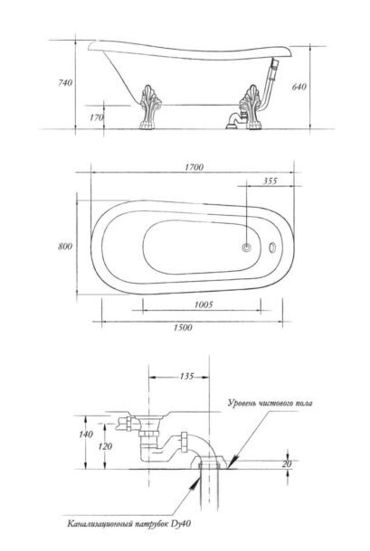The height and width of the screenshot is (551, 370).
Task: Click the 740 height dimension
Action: point(65,82)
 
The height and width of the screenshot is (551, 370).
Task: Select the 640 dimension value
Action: point(299,86)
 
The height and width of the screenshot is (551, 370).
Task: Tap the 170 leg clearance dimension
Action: point(96,117)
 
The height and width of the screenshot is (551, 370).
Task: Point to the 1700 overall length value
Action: point(194,167)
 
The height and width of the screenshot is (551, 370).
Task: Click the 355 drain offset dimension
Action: point(270,181)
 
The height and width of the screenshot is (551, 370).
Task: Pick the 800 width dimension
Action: point(65,246)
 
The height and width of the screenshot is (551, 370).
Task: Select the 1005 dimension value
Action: point(203,304)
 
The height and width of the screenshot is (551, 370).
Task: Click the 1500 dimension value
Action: point(183,328)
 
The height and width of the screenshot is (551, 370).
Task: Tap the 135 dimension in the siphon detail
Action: point(186,376)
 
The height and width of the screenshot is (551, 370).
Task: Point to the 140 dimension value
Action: point(86,434)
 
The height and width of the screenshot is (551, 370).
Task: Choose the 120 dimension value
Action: point(105,446)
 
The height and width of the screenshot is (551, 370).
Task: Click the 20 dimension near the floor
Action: point(287,464)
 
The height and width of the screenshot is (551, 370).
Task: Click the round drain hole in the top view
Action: point(247,248)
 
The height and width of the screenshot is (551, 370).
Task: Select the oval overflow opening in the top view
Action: point(272,247)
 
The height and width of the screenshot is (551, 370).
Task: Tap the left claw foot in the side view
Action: point(150,108)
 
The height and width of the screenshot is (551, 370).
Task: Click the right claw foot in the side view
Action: point(251,107)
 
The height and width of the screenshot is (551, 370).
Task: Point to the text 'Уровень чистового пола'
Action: point(270,403)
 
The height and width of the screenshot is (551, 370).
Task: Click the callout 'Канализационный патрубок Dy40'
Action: point(129,524)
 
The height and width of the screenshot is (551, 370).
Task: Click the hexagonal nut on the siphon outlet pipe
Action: point(184,442)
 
